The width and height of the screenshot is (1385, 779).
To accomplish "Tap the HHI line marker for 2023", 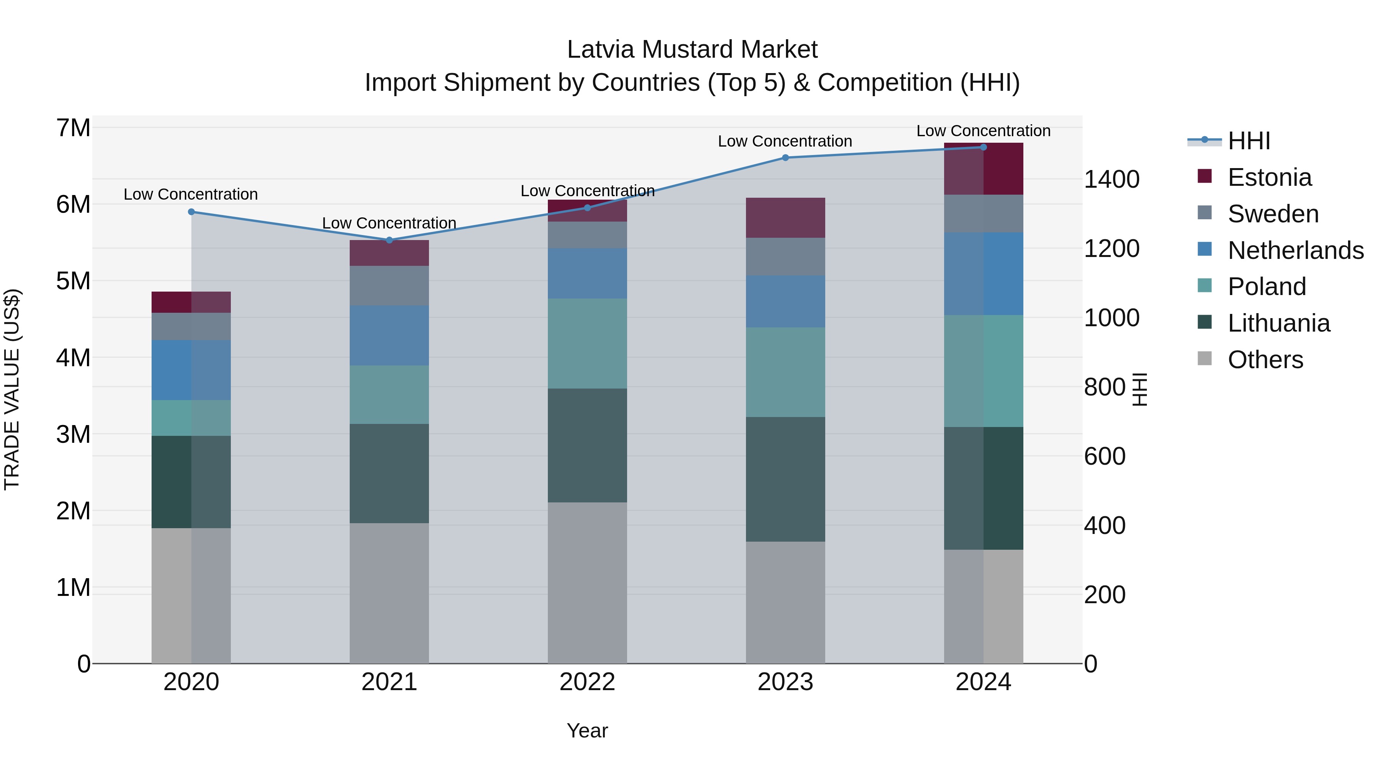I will click(785, 157).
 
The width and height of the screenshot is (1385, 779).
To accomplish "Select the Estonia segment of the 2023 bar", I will click(785, 218).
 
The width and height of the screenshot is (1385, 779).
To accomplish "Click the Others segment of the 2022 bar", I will click(587, 583).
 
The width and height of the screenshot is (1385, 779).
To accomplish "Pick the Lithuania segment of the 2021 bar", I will click(389, 473).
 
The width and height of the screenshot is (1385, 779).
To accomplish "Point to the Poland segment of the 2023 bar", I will click(785, 372).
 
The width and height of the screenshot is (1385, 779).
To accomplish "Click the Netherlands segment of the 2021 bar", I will click(389, 335).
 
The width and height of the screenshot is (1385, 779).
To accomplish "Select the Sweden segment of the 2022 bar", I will click(587, 235).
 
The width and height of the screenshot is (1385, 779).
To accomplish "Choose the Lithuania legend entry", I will click(1278, 323).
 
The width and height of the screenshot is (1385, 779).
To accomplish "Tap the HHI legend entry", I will click(1249, 141).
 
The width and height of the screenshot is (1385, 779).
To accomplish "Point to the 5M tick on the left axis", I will click(73, 281).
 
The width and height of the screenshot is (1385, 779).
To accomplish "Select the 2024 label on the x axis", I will click(983, 682).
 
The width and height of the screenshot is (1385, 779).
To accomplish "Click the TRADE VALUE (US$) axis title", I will click(12, 389).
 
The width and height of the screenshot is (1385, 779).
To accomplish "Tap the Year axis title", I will click(587, 731).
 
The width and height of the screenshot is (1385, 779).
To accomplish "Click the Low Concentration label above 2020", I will click(190, 194).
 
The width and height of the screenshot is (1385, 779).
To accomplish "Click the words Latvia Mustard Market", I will click(692, 50).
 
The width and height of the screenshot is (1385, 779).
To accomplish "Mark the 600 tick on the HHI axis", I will click(1104, 456).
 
